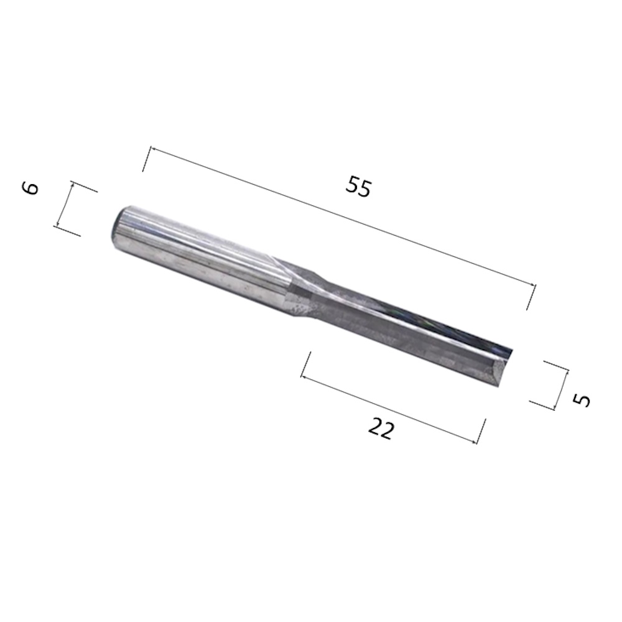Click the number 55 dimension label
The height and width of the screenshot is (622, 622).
tap(359, 187)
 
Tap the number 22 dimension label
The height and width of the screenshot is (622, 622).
tap(381, 429)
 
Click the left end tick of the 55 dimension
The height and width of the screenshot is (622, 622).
tap(147, 159)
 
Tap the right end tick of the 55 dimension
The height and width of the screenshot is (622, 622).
tap(531, 296)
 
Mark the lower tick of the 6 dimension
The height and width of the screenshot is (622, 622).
tap(67, 231)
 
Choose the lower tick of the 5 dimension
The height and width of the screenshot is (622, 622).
tap(542, 406)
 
